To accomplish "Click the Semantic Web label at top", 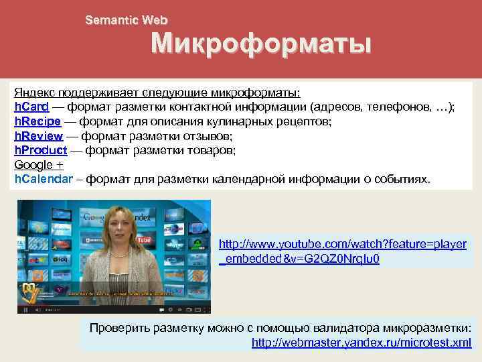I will pos(126,20).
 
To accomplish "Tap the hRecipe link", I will pos(37,122).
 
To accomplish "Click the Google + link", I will pos(39,166).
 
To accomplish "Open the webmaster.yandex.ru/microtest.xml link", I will pos(361,343).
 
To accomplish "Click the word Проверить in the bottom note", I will pos(121,328).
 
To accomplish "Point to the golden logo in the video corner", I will pos(31,290).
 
